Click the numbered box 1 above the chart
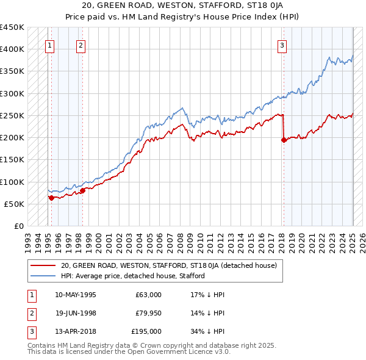pos(49,45)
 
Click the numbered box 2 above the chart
pos(81,45)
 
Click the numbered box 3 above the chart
pos(282,45)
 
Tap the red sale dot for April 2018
pos(284,140)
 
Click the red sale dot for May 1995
pos(51,198)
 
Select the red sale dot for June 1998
pos(83,190)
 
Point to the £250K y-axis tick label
pos(12,116)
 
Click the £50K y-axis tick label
pos(15,204)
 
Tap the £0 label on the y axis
pos(19,226)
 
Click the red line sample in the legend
pos(43,265)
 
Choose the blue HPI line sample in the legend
pos(43,276)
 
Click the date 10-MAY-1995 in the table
pos(76,295)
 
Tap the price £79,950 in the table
pos(148,313)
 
